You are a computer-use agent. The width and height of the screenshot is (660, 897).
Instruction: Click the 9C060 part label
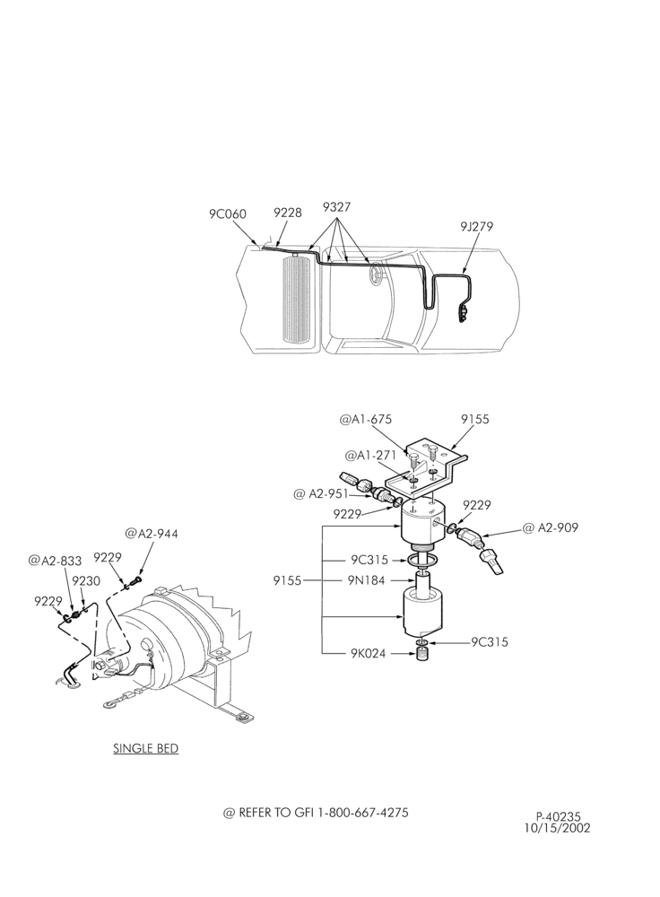pyautogui.click(x=227, y=214)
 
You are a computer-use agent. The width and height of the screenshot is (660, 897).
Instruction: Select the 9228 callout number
pyautogui.click(x=287, y=213)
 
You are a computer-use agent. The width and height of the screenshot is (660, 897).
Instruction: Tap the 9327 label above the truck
pyautogui.click(x=336, y=206)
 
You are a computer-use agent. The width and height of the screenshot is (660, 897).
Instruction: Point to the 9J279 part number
pyautogui.click(x=476, y=226)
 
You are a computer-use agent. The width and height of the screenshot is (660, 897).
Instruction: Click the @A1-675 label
pyautogui.click(x=366, y=419)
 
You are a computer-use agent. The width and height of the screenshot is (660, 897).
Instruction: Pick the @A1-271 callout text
pyautogui.click(x=370, y=456)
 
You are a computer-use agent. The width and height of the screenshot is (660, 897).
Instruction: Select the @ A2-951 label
pyautogui.click(x=321, y=493)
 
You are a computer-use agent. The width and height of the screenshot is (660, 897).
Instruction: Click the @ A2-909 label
pyautogui.click(x=551, y=527)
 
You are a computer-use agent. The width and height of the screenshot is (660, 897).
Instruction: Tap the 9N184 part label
pyautogui.click(x=366, y=580)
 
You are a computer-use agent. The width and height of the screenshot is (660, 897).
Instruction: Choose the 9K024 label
pyautogui.click(x=368, y=653)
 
